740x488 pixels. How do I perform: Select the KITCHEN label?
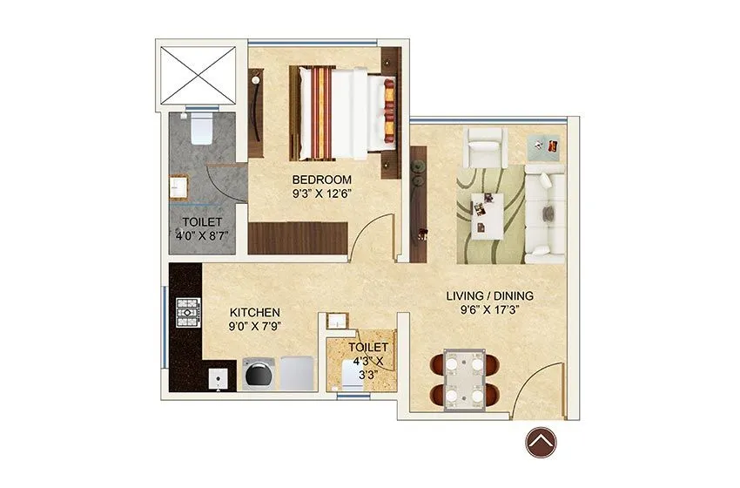tap(254, 312)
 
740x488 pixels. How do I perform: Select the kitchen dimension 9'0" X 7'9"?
tap(254, 327)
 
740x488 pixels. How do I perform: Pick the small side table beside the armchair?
tap(547, 145)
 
